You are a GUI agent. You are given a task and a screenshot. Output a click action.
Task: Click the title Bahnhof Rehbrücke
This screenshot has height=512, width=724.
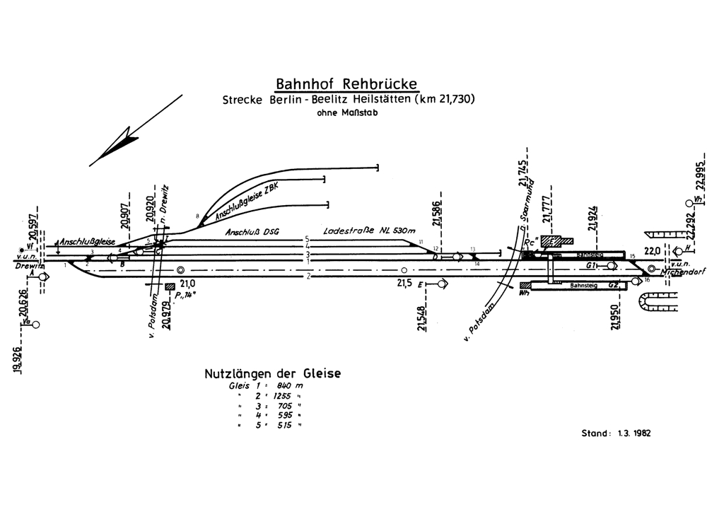click(347, 83)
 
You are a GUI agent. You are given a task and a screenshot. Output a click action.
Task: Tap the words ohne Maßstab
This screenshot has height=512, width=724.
click(348, 112)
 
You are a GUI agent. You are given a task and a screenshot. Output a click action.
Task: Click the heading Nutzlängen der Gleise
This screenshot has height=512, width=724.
click(272, 373)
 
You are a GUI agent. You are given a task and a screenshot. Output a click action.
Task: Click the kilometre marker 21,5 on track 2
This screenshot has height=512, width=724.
click(404, 283)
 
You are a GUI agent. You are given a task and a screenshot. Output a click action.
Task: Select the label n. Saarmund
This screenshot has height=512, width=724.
click(525, 213)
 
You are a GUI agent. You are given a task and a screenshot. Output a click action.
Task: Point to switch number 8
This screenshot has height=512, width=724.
click(198, 216)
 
